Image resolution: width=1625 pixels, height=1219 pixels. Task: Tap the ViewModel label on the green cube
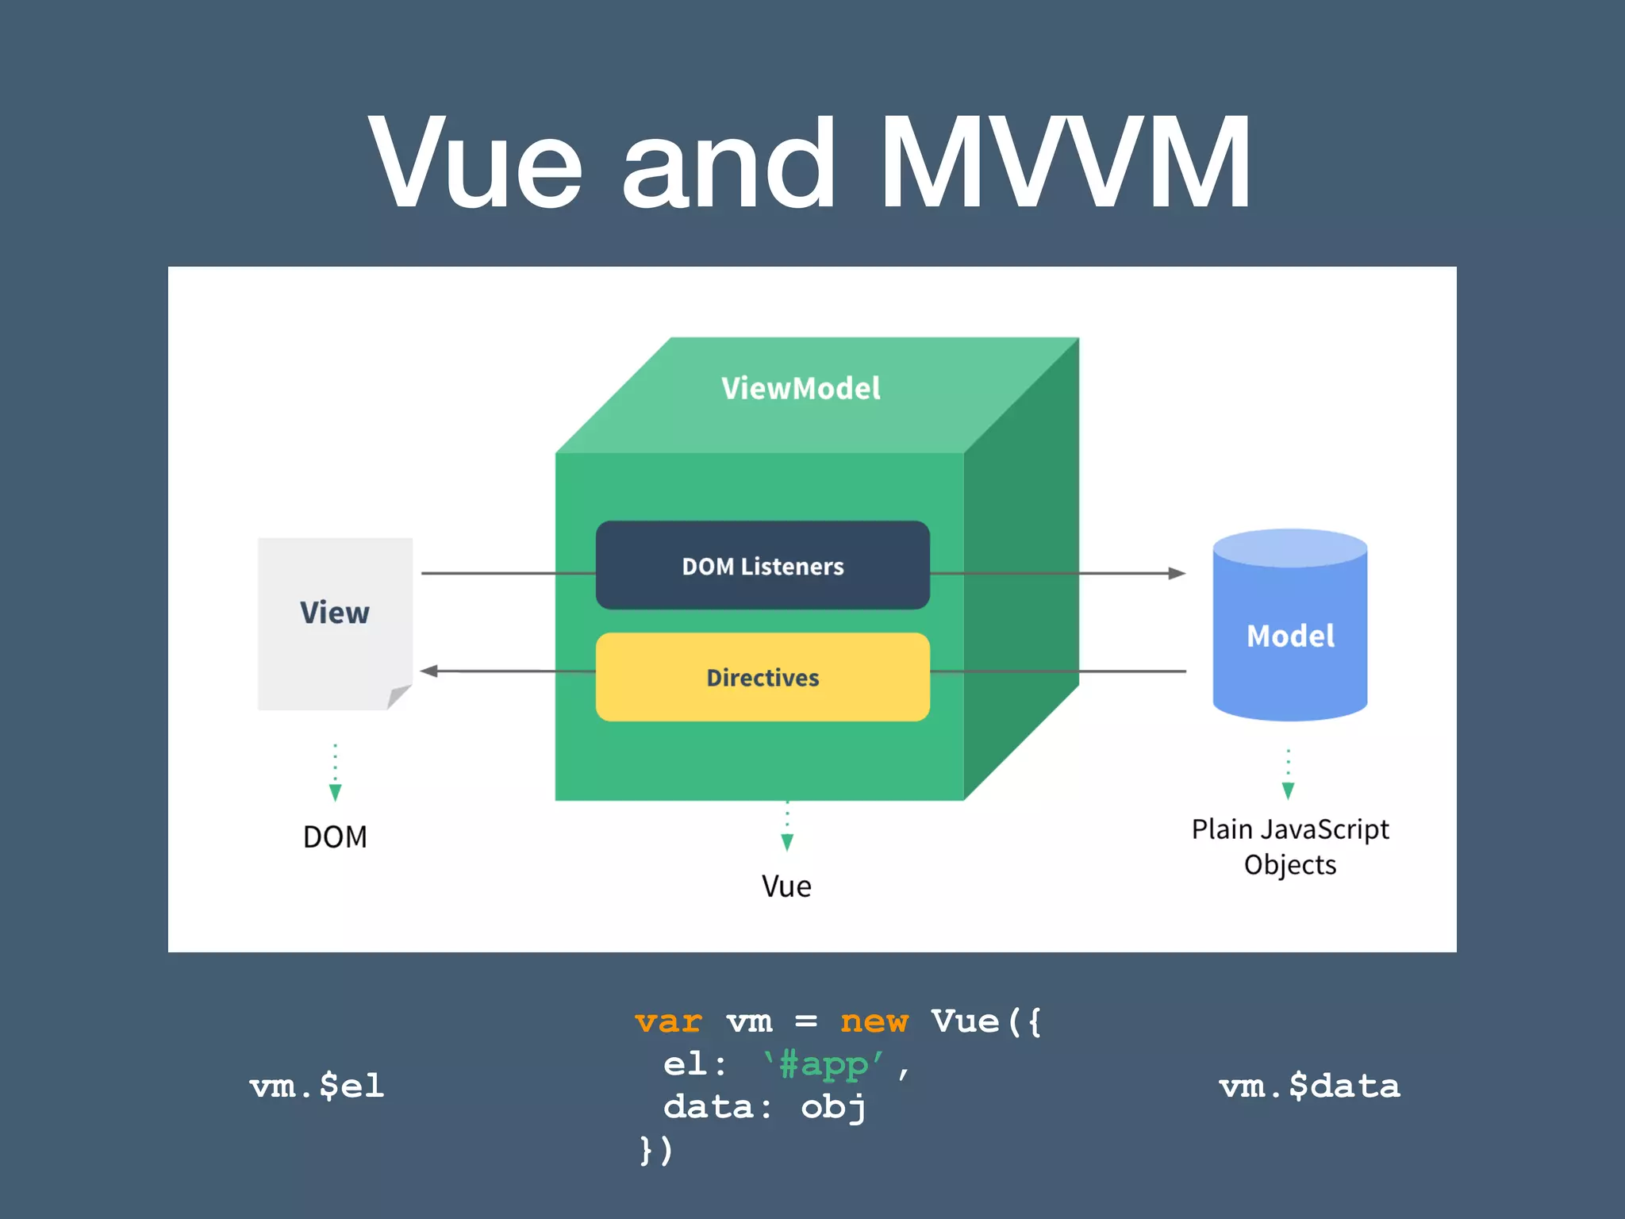tap(800, 388)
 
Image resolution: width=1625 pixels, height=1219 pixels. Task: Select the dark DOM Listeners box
tap(762, 566)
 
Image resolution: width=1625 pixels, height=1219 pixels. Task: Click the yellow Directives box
tap(762, 677)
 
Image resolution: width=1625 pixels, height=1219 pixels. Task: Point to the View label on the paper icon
tap(334, 613)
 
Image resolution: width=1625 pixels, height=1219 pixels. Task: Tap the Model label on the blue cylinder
tap(1290, 636)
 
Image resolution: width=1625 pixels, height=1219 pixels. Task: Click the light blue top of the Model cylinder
tap(1290, 548)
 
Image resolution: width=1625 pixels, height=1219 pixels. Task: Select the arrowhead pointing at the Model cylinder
tap(1177, 573)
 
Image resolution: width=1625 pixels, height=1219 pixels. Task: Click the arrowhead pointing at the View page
tap(429, 671)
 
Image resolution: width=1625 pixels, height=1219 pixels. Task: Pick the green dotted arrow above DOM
tap(335, 774)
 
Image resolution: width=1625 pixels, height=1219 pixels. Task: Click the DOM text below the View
tap(335, 836)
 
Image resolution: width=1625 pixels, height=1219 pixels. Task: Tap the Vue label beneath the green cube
tap(786, 886)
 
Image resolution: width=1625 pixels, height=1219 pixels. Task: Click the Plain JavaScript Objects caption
tap(1290, 846)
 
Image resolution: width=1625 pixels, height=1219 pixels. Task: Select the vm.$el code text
tap(317, 1086)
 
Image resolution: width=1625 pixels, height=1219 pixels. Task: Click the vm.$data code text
tap(1309, 1086)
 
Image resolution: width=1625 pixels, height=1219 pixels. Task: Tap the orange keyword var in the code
tap(668, 1021)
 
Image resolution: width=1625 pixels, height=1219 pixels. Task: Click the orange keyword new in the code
tap(874, 1021)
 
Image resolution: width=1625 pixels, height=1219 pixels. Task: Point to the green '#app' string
tap(824, 1064)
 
